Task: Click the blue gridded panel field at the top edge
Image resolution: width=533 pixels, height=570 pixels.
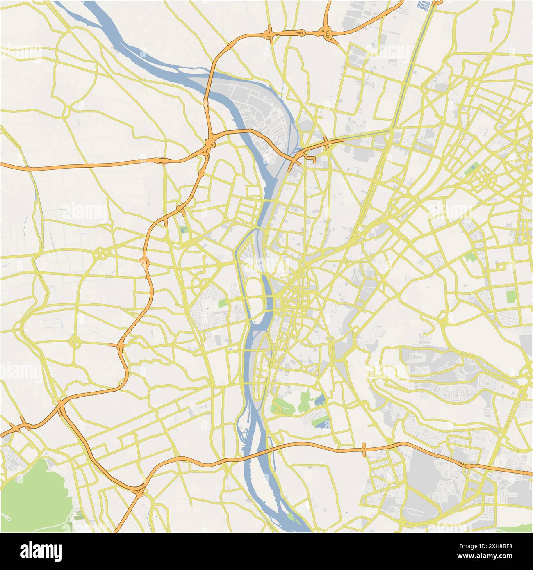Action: point(424,5)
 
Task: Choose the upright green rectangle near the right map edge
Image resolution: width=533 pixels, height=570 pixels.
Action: point(510,296)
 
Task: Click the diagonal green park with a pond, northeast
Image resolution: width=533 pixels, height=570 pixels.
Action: point(474,168)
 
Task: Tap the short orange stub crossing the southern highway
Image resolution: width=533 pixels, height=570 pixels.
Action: point(364,449)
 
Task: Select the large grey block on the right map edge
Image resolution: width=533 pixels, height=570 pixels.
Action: point(526,349)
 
